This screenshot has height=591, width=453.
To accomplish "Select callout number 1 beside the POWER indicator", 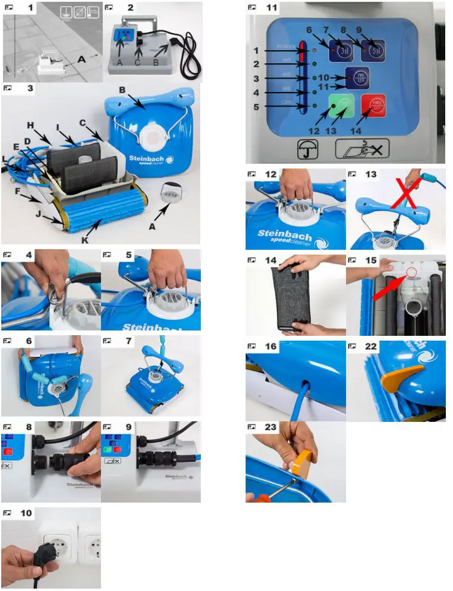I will click(x=256, y=51).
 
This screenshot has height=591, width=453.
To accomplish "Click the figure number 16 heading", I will click(x=271, y=346).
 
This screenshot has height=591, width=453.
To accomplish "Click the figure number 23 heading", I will click(x=271, y=427).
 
